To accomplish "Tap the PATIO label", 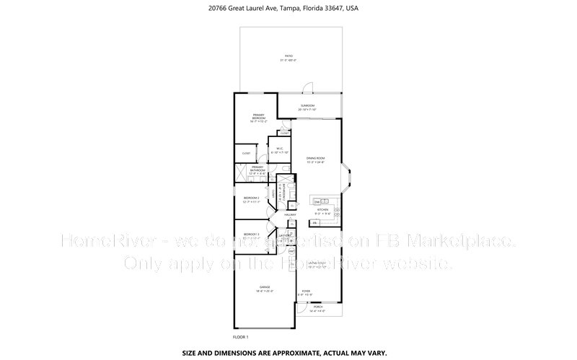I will (288, 57).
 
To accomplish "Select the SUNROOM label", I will (307, 107).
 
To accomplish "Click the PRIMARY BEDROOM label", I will (258, 118).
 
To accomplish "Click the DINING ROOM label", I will (315, 159).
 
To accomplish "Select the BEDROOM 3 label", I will (251, 236).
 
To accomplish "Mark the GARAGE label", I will (265, 289).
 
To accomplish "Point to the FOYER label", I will (307, 293).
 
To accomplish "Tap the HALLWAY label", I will (291, 215).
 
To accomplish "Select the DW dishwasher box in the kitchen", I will (317, 201).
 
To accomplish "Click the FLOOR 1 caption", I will (240, 337).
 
